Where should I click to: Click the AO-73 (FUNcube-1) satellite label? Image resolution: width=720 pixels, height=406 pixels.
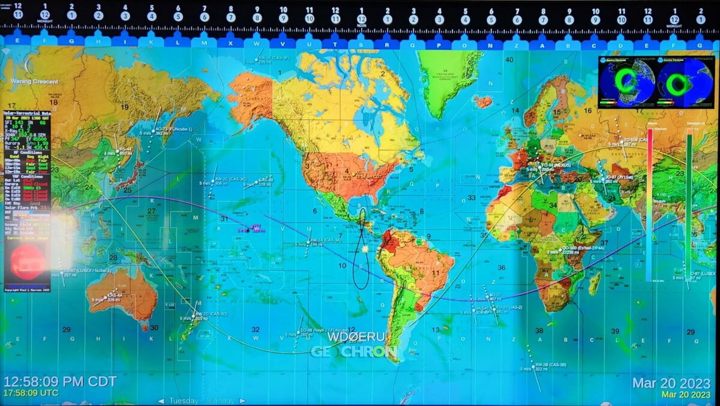point(173,129)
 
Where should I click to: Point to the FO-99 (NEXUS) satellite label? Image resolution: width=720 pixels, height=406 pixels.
point(555,164)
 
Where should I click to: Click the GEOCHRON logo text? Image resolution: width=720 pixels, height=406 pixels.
point(353,351)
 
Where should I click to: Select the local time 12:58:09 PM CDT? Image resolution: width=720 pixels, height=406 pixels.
point(60,382)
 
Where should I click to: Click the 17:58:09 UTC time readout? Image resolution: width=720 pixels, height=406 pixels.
point(31,393)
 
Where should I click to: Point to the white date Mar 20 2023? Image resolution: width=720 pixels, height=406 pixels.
point(671,383)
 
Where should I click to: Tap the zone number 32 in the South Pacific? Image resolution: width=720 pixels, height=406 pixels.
point(256,329)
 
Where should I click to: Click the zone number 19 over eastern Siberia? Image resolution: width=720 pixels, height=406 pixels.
point(124,107)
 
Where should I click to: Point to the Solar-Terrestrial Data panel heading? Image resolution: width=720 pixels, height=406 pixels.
point(27,113)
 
